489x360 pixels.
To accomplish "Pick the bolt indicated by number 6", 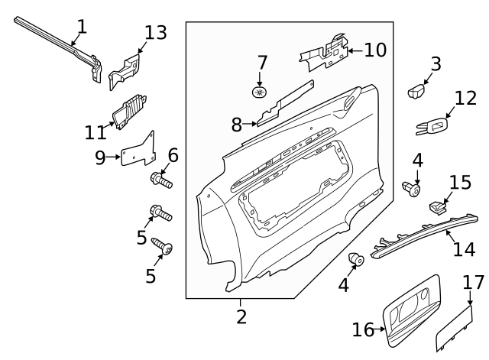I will [161, 181].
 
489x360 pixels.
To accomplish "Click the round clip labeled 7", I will [260, 93].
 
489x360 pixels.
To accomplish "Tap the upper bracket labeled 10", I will [325, 52].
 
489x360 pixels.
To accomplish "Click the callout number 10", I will [374, 50].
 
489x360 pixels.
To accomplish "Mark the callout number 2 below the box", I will [241, 316].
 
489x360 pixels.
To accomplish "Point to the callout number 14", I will [464, 249].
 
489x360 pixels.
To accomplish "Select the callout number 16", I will [364, 329].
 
